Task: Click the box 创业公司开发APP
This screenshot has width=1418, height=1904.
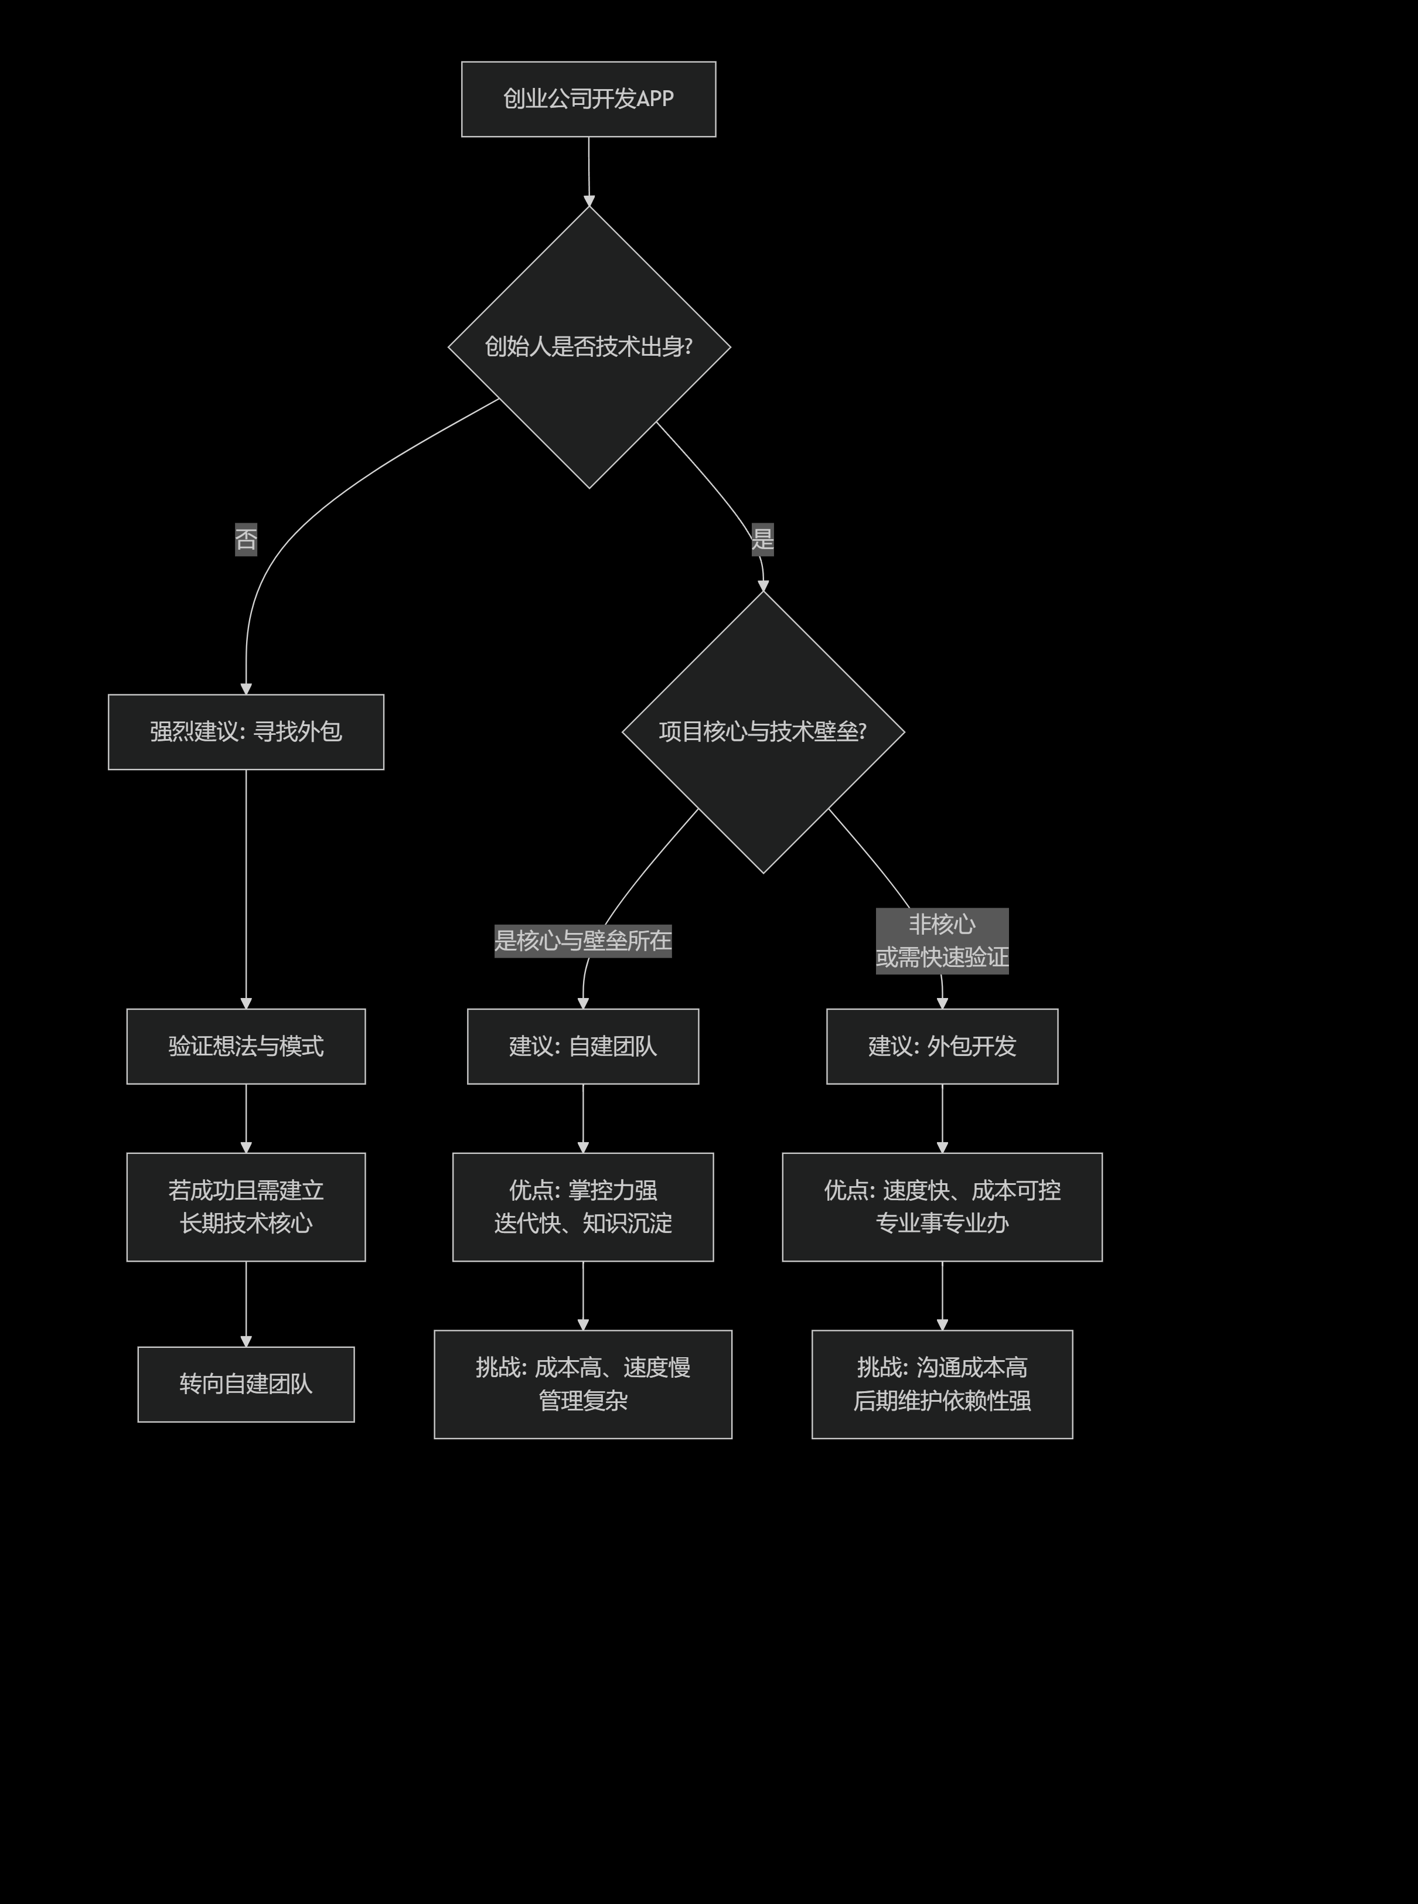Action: coord(588,98)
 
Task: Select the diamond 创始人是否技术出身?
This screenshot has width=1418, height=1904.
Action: coord(589,347)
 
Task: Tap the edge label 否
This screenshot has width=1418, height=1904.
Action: coord(246,539)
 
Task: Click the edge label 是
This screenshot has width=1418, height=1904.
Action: coord(762,539)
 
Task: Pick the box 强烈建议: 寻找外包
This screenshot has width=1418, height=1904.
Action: coord(246,731)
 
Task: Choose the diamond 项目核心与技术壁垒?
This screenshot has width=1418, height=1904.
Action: coord(762,731)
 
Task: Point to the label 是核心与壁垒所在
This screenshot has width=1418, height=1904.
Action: coord(583,941)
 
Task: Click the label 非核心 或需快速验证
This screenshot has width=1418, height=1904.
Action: coord(942,941)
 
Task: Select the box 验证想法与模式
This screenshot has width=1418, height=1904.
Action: coord(246,1047)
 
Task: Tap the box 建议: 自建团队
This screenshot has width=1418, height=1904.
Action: coord(583,1047)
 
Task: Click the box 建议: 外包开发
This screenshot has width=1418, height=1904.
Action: coord(942,1047)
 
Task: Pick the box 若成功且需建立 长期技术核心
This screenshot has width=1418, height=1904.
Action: coord(246,1207)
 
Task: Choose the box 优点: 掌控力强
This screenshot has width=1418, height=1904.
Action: coord(583,1207)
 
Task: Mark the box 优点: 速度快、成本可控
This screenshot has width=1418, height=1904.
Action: coord(942,1207)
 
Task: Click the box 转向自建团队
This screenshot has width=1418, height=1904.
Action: coord(246,1384)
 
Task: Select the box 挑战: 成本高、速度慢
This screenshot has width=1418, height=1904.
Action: coord(583,1384)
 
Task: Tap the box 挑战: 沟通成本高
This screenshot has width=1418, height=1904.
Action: coord(942,1384)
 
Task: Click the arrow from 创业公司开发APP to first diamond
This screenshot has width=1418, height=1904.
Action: coord(589,172)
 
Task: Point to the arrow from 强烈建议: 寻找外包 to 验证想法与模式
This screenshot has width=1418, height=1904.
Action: coord(246,888)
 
